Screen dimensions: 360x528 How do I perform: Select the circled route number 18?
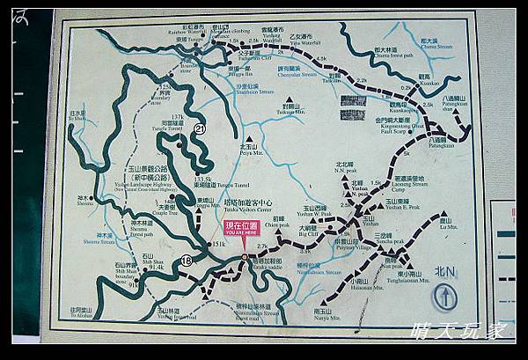pyautogui.click(x=187, y=261)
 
